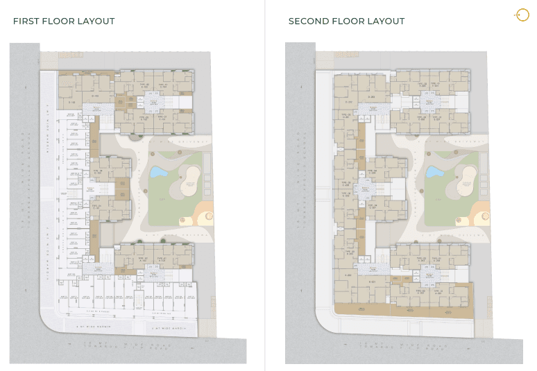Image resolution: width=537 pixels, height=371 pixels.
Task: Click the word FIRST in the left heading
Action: [x=24, y=21]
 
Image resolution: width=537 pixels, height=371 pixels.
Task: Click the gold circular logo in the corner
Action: [x=521, y=15]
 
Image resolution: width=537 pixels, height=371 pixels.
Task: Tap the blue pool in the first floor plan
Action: [x=158, y=171]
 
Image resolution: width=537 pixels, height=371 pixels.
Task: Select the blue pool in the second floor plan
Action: [x=434, y=171]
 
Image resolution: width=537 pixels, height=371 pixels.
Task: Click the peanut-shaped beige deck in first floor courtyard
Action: [x=188, y=182]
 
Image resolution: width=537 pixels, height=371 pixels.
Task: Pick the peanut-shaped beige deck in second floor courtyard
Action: [x=464, y=182]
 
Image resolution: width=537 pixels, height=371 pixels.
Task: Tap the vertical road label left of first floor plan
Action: [x=22, y=187]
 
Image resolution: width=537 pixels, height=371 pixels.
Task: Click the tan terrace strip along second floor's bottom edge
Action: [x=402, y=311]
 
